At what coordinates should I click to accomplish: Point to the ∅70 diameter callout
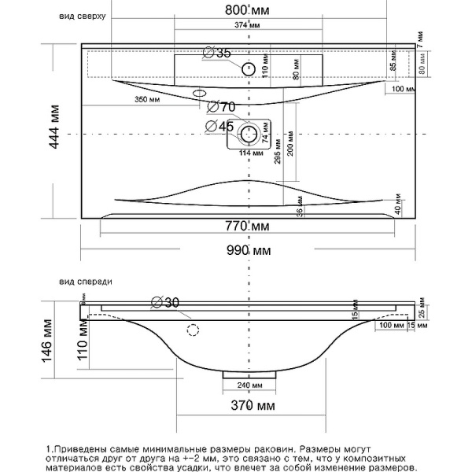(222, 107)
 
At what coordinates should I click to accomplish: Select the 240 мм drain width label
(250, 385)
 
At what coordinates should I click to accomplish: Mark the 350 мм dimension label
(147, 100)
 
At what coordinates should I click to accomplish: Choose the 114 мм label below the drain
(249, 153)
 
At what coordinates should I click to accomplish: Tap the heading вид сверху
(81, 16)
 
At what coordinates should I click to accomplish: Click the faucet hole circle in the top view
(249, 68)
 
